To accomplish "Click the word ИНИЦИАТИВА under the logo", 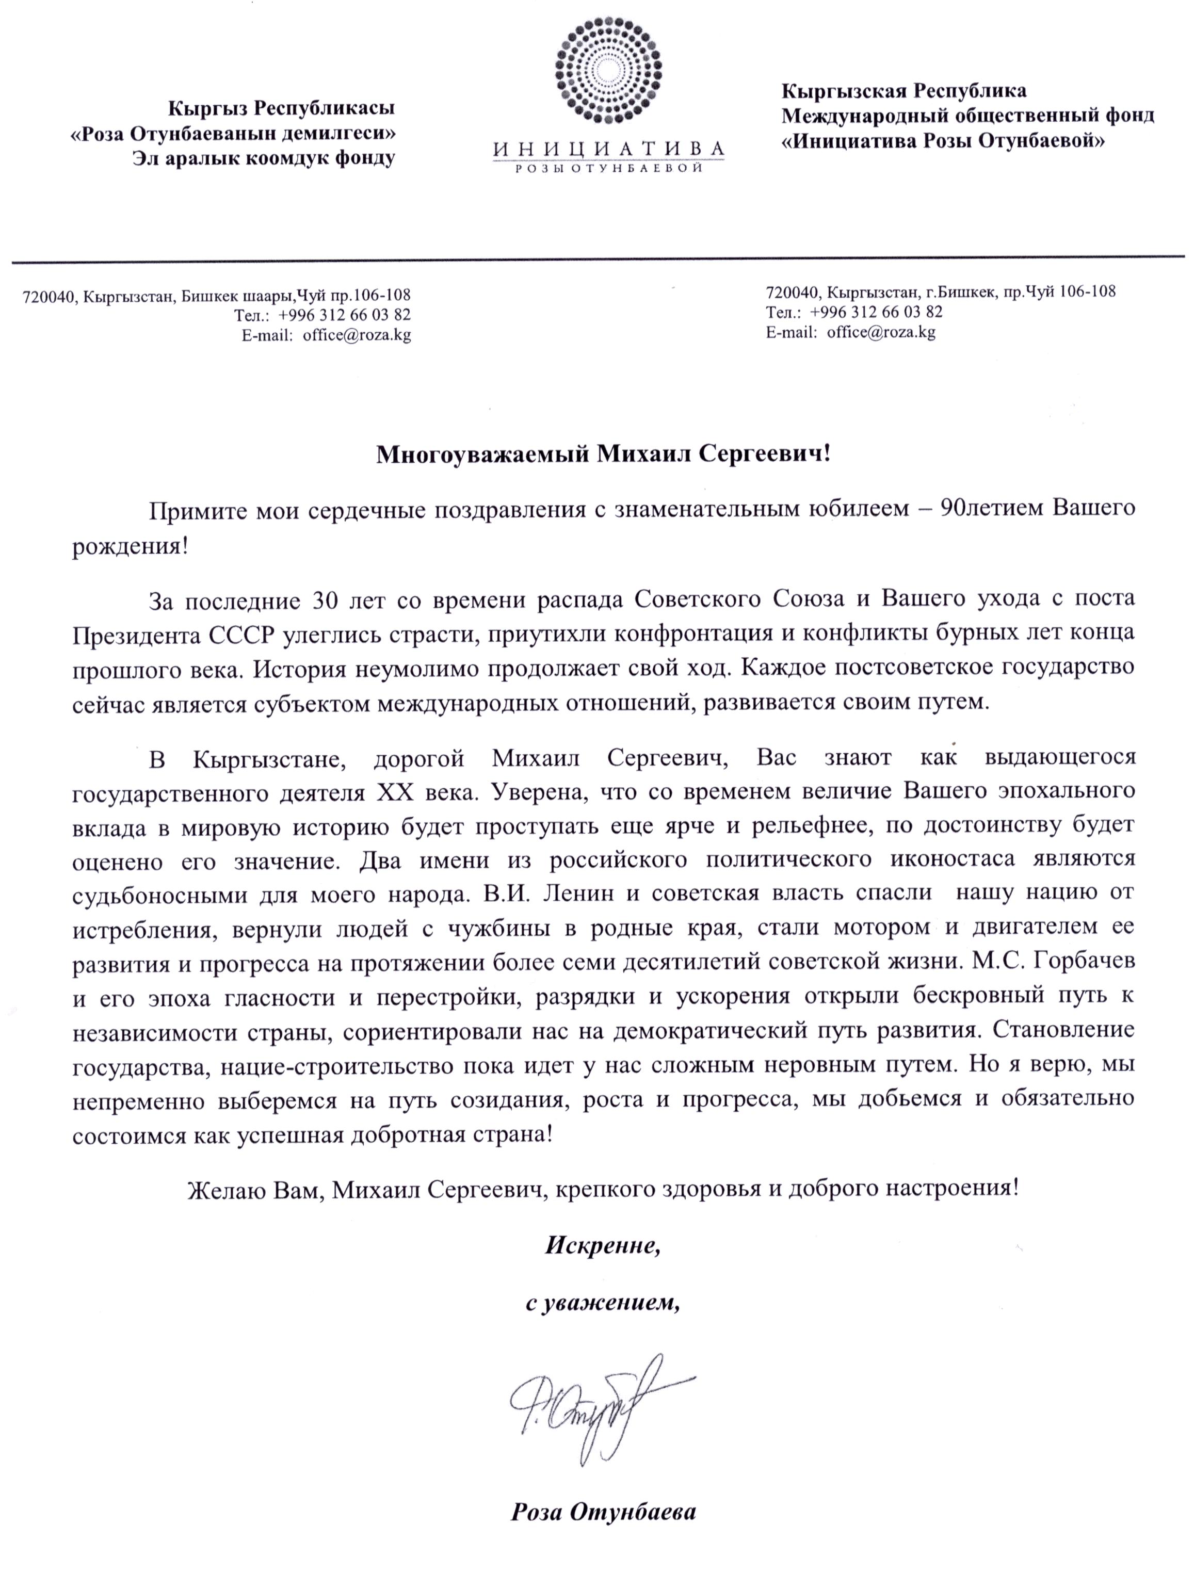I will (607, 148).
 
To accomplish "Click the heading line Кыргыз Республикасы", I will (281, 108).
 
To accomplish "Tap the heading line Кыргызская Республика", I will (904, 91).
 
